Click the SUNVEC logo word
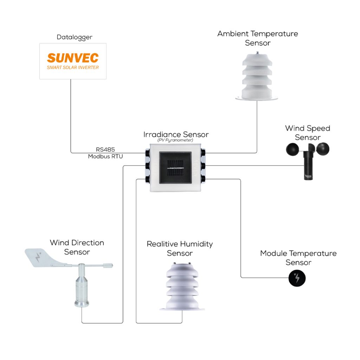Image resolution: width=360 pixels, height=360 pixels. pos(73,58)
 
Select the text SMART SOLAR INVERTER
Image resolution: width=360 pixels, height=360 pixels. pos(73,67)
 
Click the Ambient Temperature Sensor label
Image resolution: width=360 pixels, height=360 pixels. pos(258,38)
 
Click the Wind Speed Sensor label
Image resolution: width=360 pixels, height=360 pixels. pos(308,133)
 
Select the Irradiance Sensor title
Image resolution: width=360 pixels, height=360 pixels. pos(176,135)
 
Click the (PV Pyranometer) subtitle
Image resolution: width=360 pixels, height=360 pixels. pos(175,140)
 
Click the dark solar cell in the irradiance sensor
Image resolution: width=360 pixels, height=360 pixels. pos(175,168)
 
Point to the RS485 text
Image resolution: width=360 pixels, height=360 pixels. pos(105,149)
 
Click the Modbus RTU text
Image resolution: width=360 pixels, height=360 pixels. pos(105,156)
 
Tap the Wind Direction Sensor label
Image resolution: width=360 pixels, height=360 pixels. pos(77,247)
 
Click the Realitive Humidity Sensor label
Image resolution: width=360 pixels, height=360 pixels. pos(180,248)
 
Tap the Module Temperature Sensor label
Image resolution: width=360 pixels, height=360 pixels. pos(298,258)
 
